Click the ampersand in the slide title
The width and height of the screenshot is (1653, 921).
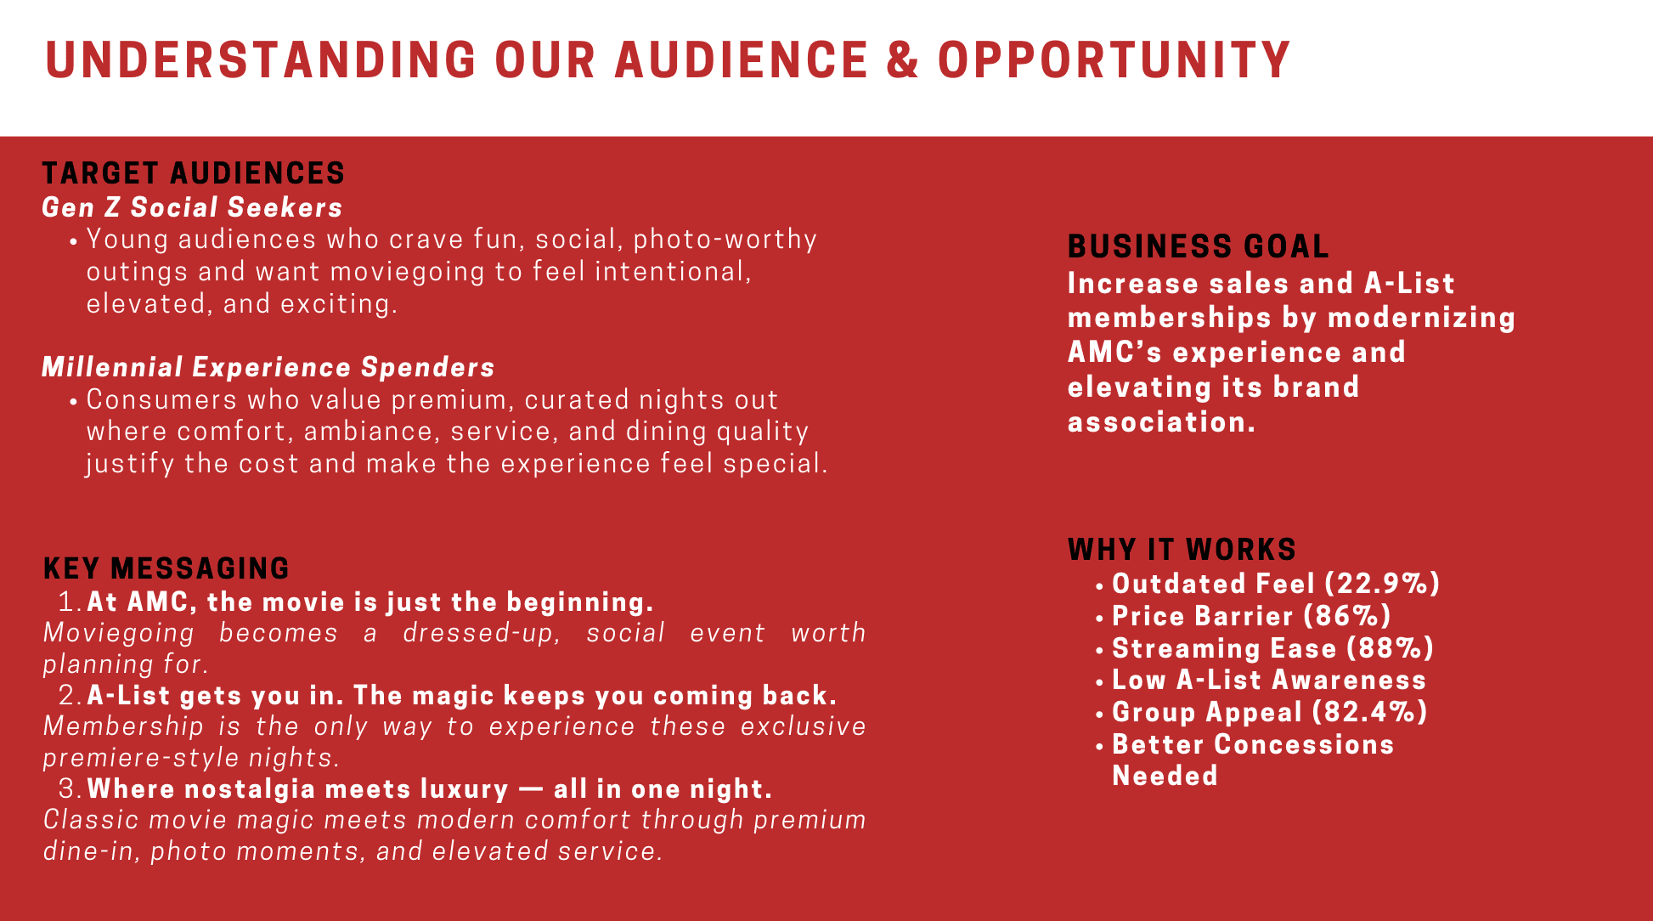(903, 59)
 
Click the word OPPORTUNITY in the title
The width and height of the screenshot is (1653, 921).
(1114, 59)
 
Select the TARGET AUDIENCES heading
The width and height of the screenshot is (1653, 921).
(194, 173)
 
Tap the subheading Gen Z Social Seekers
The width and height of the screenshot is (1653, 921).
(192, 207)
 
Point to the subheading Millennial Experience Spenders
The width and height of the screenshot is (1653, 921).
(268, 367)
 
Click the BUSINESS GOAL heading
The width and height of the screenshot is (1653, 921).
(1199, 246)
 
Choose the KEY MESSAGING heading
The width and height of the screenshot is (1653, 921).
(166, 568)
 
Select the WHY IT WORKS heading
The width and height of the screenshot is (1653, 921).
(1182, 550)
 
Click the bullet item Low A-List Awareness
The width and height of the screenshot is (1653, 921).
(1269, 680)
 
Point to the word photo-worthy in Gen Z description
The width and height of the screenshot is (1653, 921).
(725, 240)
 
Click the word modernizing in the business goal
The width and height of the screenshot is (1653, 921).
(1422, 318)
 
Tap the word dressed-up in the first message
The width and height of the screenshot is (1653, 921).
(482, 633)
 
